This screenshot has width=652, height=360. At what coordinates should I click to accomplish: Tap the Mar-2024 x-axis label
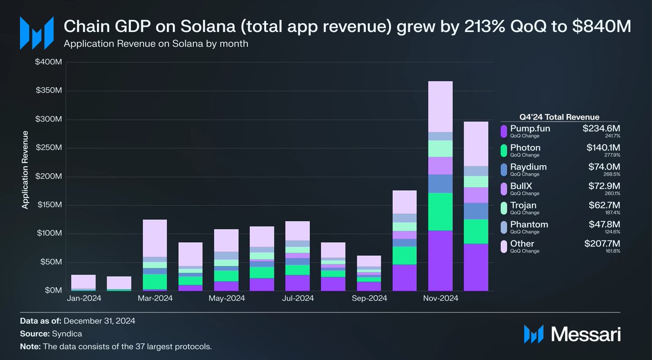[x=154, y=298]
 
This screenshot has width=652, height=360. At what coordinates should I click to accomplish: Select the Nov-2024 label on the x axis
[x=440, y=298]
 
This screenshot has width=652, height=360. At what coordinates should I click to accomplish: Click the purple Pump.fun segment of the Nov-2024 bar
[x=440, y=261]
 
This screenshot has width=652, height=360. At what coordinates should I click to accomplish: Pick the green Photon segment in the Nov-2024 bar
[x=440, y=212]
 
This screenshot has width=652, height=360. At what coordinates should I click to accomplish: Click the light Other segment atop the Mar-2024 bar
[x=154, y=238]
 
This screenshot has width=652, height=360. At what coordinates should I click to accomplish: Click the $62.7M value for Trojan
[x=603, y=205]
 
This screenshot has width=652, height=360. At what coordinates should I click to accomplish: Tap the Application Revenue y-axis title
[x=24, y=176]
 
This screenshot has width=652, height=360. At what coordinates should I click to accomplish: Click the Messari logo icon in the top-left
[x=36, y=33]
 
